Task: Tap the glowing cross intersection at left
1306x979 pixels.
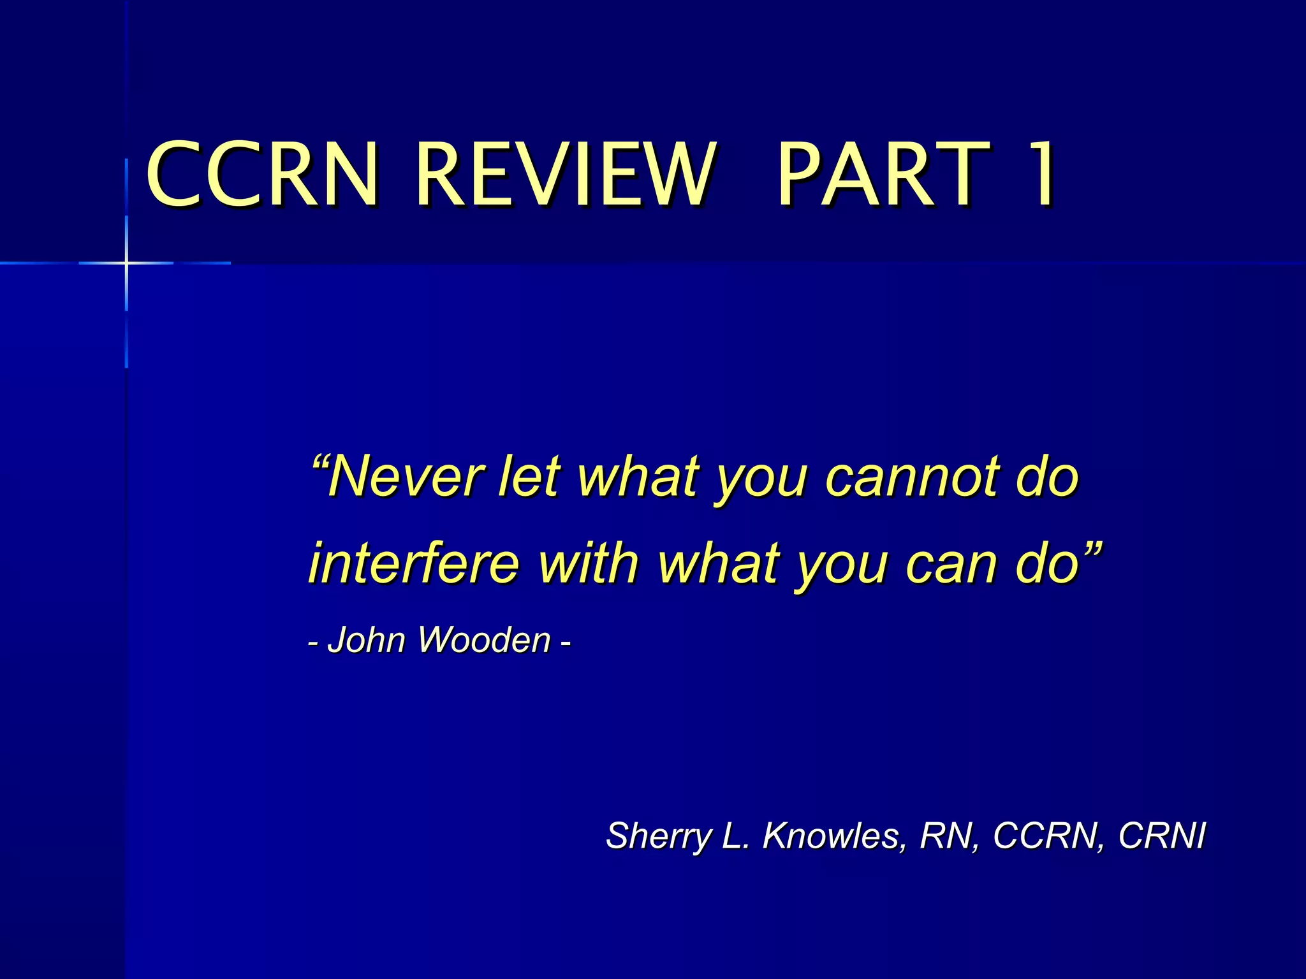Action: [126, 263]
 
